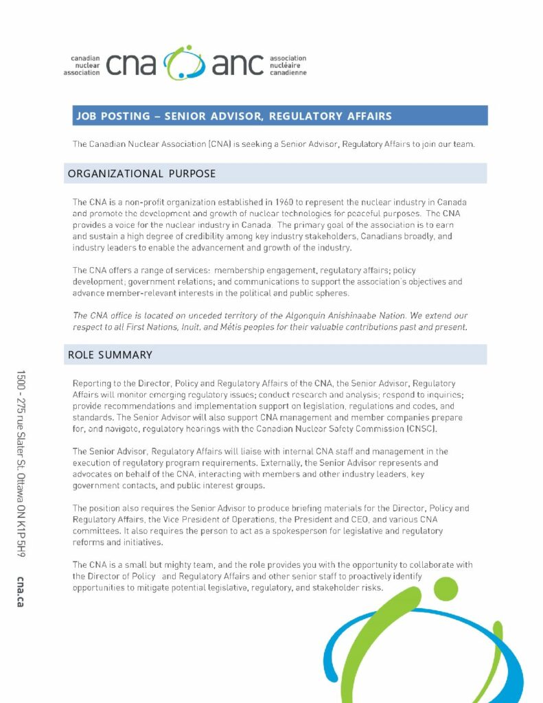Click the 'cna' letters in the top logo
(x=131, y=64)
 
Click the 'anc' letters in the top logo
(x=238, y=64)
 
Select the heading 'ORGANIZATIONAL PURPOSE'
(x=141, y=174)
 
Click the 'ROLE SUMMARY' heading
(x=110, y=355)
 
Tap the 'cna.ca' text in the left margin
(x=21, y=591)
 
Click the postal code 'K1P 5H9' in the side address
(x=21, y=535)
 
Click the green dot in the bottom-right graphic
(x=446, y=588)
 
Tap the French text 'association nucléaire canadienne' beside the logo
(x=288, y=65)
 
